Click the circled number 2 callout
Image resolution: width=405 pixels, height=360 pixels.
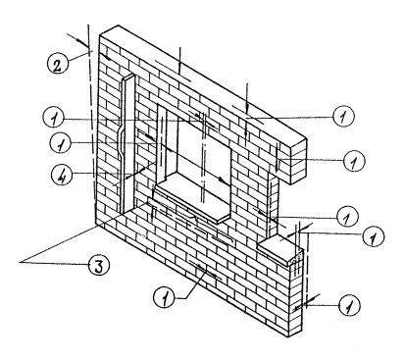pyautogui.click(x=57, y=64)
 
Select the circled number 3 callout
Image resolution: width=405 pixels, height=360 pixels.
pyautogui.click(x=99, y=266)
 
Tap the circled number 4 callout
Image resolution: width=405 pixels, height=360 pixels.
pyautogui.click(x=62, y=175)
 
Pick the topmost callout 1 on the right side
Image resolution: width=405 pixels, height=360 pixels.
pyautogui.click(x=343, y=116)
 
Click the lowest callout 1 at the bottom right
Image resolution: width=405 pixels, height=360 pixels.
pyautogui.click(x=349, y=306)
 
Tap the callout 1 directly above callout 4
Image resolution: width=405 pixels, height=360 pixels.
pyautogui.click(x=61, y=143)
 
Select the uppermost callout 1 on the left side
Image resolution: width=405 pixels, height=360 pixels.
pyautogui.click(x=54, y=118)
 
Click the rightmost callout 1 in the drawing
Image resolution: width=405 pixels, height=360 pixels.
pyautogui.click(x=374, y=236)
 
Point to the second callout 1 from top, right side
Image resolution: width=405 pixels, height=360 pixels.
pyautogui.click(x=354, y=161)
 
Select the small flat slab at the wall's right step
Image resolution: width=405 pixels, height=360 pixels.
pyautogui.click(x=280, y=249)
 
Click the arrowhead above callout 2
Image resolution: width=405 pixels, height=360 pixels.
pyautogui.click(x=81, y=41)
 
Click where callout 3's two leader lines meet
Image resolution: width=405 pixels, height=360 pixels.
pyautogui.click(x=21, y=262)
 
